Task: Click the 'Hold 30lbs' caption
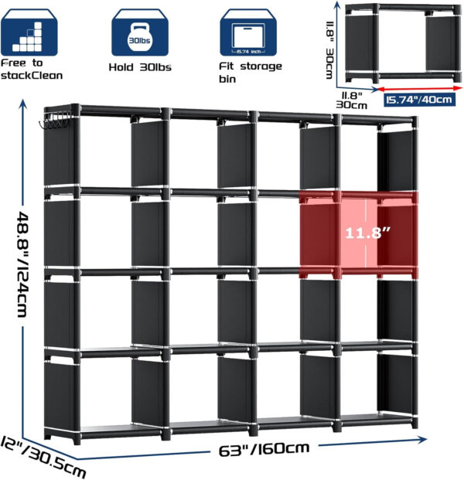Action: click(140, 67)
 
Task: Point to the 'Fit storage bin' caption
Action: click(251, 72)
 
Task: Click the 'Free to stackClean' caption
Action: click(32, 70)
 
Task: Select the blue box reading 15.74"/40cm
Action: click(419, 100)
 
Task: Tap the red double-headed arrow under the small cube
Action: click(420, 88)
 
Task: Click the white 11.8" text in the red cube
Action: click(367, 233)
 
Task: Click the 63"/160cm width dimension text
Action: click(264, 449)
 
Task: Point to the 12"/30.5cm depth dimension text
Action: click(43, 458)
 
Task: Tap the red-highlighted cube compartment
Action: click(359, 234)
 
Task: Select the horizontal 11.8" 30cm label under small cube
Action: click(351, 100)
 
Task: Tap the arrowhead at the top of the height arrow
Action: click(22, 104)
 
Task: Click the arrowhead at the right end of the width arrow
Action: click(422, 440)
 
